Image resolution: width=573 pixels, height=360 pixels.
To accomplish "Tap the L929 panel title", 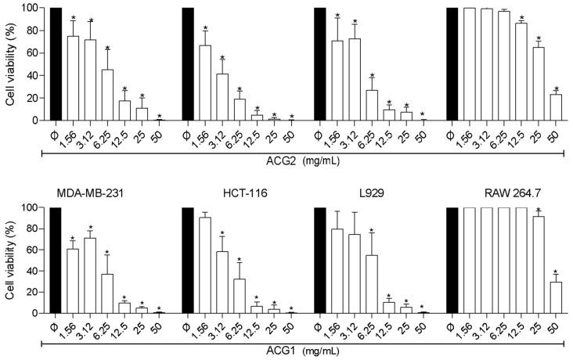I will coord(346,193).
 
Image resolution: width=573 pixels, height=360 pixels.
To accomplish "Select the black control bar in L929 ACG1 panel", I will coord(319,260).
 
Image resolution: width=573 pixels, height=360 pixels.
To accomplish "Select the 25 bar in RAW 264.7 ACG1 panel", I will coord(539,265).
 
